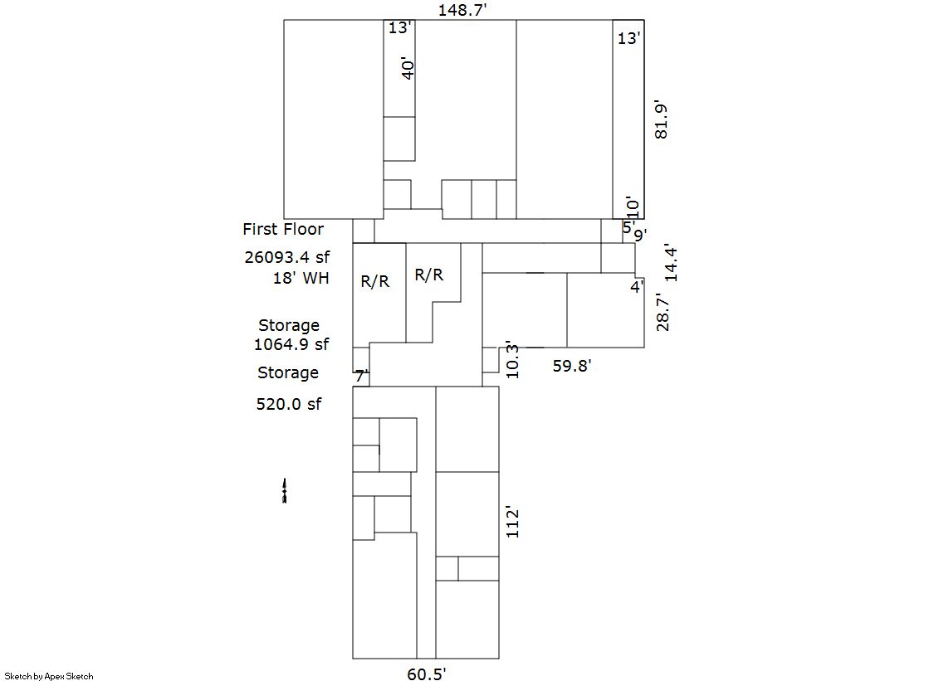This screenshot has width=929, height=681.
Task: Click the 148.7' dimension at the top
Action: point(462,10)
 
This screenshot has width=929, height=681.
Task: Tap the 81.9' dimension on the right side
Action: point(661,121)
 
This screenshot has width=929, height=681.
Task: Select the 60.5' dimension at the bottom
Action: point(426,674)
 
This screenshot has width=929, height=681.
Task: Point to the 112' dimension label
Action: point(512,522)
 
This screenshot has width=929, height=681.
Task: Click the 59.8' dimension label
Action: point(572,366)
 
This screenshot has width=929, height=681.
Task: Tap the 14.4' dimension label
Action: point(671,263)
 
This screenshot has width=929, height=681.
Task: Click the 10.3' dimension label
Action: point(512,360)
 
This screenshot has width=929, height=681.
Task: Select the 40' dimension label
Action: point(407,69)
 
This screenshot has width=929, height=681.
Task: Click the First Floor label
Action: point(283,229)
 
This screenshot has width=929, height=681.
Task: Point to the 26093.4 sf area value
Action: point(287,257)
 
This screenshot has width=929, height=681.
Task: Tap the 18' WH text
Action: point(301,278)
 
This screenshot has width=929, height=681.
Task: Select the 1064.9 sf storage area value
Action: point(291,344)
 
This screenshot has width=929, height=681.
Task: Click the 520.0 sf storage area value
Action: point(289,404)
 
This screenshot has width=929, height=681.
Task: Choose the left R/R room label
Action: point(375,281)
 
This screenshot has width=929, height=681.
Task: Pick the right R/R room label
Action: point(429,275)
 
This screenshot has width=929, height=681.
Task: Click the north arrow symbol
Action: point(285,491)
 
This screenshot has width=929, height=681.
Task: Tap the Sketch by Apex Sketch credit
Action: point(49,676)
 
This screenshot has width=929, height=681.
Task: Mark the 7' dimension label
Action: point(362,376)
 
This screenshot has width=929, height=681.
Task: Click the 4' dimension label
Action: point(637,287)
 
